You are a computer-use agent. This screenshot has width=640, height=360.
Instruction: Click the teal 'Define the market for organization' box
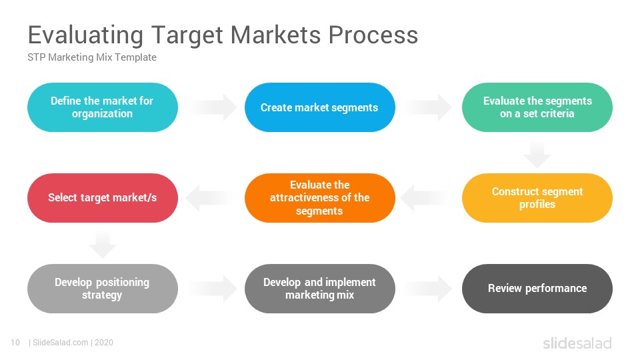103,107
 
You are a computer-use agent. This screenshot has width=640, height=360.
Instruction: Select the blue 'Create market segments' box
319,107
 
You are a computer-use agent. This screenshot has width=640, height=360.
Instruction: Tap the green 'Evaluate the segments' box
537,107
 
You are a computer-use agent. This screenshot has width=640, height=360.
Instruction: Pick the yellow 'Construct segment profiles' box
537,198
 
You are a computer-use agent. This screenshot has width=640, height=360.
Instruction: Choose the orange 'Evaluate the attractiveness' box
319,198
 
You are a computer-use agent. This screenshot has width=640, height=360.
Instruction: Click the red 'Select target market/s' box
103,198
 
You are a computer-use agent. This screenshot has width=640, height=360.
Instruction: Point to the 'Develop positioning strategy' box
103,289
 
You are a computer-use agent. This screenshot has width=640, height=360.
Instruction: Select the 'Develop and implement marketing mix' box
319,289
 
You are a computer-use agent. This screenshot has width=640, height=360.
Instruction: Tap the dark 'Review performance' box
537,289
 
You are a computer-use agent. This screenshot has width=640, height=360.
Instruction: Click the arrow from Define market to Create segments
213,107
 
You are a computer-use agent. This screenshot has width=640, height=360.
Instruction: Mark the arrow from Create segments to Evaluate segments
429,107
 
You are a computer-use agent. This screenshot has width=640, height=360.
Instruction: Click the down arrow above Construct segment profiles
537,154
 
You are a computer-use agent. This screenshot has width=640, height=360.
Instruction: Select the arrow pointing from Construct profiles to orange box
425,198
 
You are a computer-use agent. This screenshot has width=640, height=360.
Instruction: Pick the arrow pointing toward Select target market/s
210,198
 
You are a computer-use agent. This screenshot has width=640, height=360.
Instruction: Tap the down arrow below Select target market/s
103,244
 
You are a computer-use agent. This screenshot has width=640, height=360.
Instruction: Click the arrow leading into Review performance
429,289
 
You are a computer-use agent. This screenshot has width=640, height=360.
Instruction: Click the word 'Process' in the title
373,35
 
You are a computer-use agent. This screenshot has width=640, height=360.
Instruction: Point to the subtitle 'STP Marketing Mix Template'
92,57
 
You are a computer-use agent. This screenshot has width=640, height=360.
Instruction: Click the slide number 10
15,343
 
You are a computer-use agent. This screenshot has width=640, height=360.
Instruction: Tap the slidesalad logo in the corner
577,343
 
